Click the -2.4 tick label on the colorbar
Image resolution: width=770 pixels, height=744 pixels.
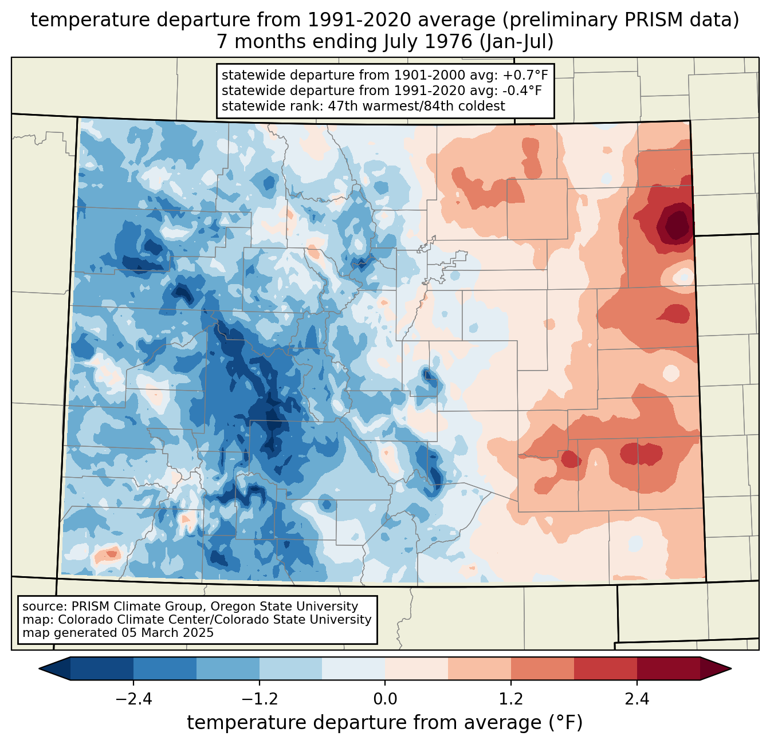click(x=133, y=699)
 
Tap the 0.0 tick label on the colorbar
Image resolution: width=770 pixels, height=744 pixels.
click(x=385, y=699)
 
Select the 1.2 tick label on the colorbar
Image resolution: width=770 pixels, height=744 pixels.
click(x=511, y=699)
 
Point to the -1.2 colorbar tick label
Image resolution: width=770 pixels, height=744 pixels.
click(x=259, y=699)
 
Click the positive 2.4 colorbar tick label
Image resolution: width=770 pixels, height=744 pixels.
click(x=637, y=699)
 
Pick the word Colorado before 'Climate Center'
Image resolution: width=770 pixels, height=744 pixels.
click(x=82, y=620)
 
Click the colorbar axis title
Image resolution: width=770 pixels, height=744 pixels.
click(x=385, y=723)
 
